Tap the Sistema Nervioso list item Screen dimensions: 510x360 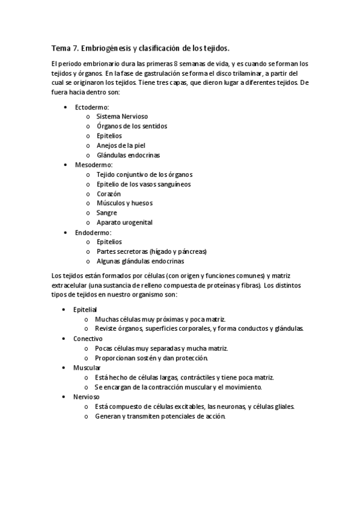[122, 116]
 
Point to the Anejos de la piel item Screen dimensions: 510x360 [121, 145]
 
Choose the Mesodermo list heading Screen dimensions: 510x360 [94, 164]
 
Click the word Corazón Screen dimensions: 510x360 [109, 194]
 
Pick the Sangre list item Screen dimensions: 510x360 [106, 212]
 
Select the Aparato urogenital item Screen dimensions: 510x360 [124, 222]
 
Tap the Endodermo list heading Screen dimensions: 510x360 [93, 232]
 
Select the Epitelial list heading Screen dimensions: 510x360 [85, 309]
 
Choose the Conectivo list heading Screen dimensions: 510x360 [88, 339]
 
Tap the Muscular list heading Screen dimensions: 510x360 [87, 367]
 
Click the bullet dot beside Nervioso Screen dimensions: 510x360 [65, 397]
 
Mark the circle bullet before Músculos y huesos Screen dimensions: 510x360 [88, 203]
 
